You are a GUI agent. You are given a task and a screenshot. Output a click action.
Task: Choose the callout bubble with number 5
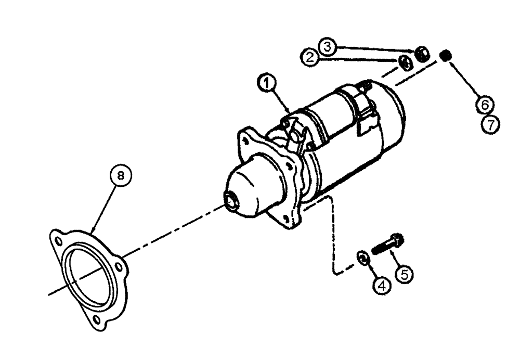[405, 273]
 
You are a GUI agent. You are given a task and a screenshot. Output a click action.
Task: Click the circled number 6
[484, 104]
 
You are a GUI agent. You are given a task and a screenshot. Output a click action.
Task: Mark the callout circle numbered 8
[121, 176]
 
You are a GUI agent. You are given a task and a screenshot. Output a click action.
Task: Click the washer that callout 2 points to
[405, 63]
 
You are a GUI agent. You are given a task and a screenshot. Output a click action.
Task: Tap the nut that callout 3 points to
[422, 54]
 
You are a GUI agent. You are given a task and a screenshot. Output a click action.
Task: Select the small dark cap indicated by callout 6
[445, 55]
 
